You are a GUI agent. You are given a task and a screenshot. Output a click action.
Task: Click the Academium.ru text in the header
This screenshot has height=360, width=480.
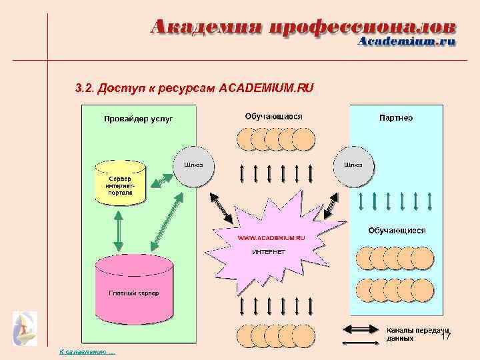(x=407, y=41)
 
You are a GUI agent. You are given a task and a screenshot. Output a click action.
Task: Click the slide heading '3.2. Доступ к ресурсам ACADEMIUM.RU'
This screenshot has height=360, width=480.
(x=195, y=88)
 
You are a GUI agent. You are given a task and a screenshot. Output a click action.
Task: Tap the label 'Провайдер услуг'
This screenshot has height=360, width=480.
(x=138, y=119)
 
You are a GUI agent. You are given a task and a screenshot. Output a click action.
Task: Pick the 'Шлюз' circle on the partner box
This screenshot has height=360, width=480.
(x=353, y=165)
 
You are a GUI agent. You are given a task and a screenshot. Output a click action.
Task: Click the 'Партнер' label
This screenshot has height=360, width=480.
(x=396, y=118)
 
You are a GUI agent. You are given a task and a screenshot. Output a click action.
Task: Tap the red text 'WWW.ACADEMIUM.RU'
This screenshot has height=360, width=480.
(x=272, y=237)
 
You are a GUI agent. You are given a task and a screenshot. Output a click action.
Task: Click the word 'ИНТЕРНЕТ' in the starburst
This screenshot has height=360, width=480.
(x=269, y=252)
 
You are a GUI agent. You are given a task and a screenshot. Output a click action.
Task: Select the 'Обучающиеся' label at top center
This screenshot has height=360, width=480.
(x=273, y=116)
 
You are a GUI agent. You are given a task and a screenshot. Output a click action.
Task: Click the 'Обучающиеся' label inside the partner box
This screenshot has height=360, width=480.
(x=397, y=231)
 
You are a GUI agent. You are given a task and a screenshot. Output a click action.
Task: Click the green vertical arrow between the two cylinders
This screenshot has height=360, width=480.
(x=118, y=231)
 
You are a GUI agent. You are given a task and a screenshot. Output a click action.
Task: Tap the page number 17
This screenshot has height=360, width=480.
(x=447, y=337)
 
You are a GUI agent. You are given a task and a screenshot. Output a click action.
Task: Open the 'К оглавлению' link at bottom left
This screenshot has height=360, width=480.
(x=87, y=351)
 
